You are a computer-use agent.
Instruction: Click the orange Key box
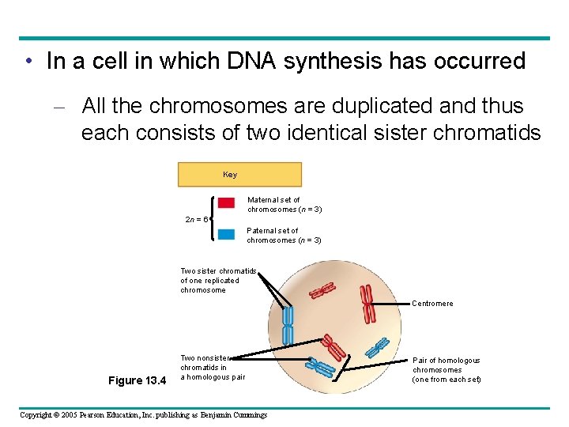(x=239, y=174)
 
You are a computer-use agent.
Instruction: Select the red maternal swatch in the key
(x=226, y=203)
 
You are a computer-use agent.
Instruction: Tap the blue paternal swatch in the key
(x=226, y=234)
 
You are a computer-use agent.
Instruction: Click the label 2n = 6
(x=196, y=219)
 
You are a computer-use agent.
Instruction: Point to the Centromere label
(x=432, y=304)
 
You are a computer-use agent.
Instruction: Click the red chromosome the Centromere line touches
(x=367, y=304)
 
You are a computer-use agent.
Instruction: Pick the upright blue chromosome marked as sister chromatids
(x=288, y=325)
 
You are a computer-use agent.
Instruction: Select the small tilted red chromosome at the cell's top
(x=322, y=293)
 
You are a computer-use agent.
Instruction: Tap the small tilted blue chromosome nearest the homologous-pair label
(x=378, y=347)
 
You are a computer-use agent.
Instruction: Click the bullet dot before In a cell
(x=28, y=62)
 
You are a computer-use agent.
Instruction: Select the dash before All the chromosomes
(x=66, y=106)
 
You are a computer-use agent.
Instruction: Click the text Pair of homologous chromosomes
(x=446, y=369)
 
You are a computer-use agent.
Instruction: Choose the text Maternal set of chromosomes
(x=284, y=204)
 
